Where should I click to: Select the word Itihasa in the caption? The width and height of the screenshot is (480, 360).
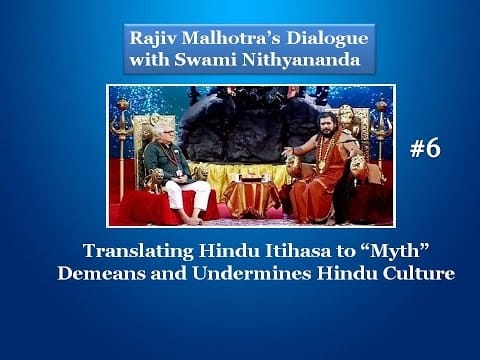point(254,253)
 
